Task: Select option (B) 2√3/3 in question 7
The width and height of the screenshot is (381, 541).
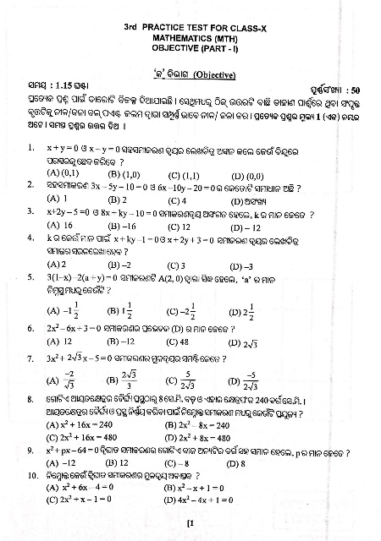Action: click(x=119, y=379)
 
